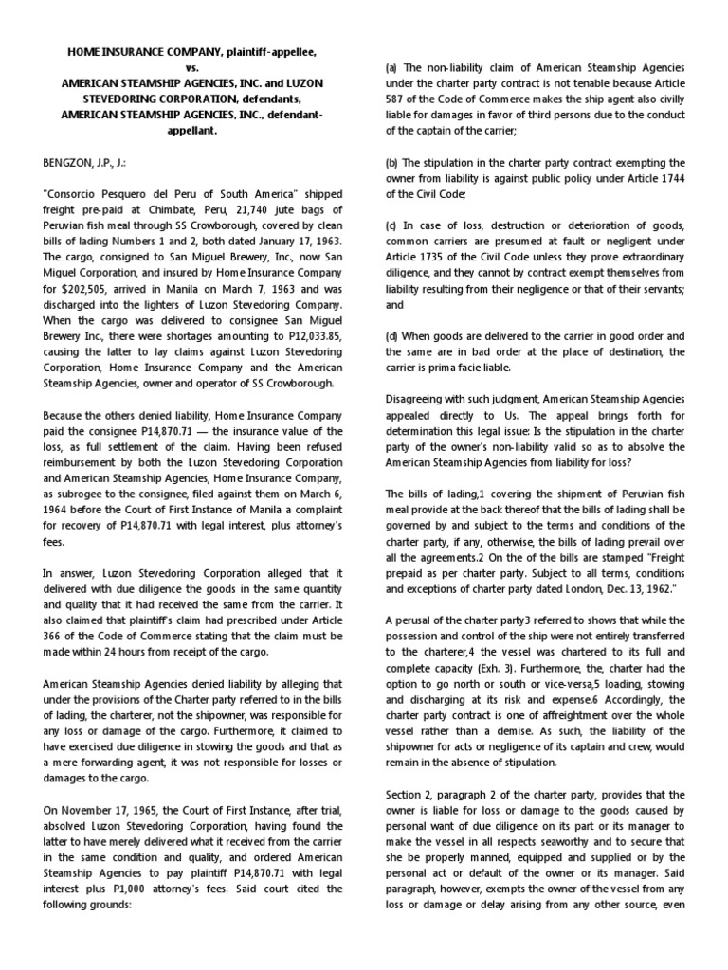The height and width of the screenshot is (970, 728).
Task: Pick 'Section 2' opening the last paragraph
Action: [x=410, y=794]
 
